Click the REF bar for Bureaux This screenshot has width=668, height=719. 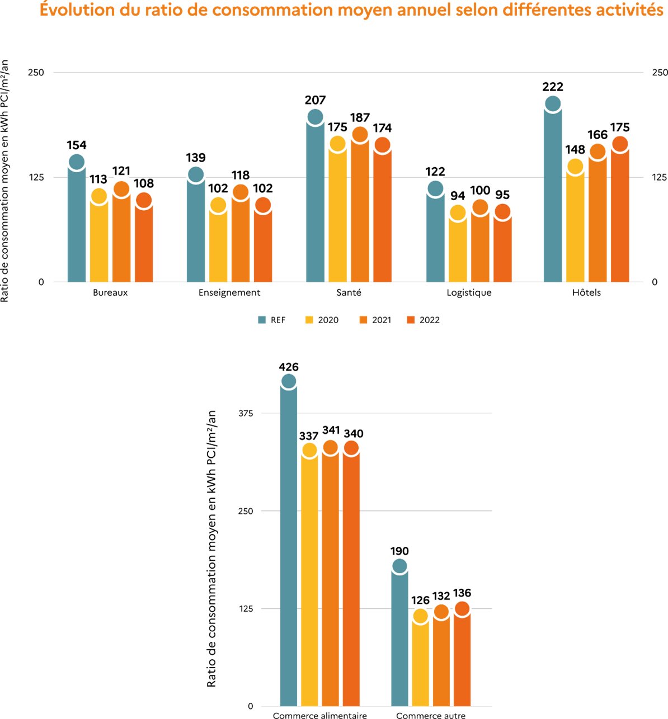[77, 224]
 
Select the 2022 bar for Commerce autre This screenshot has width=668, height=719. [462, 660]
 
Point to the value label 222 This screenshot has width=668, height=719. [553, 87]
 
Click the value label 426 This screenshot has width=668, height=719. [289, 367]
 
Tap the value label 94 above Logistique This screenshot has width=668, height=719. [458, 196]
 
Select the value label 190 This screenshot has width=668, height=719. [399, 551]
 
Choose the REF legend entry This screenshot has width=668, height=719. [272, 320]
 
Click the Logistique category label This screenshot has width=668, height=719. [469, 293]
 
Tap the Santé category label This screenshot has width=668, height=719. [349, 293]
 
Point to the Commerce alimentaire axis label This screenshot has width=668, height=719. [319, 715]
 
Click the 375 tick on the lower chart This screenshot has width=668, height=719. [246, 413]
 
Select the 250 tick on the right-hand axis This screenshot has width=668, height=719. [660, 73]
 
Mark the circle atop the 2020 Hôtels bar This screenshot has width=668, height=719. [575, 166]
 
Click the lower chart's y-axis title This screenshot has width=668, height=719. [211, 548]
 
